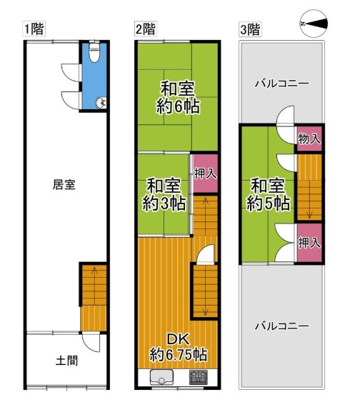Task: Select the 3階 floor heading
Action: pyautogui.click(x=249, y=29)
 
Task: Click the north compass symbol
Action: pyautogui.click(x=314, y=24)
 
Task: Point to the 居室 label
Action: pyautogui.click(x=64, y=184)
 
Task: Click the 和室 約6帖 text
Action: pyautogui.click(x=178, y=99)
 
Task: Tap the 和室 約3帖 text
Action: pyautogui.click(x=164, y=194)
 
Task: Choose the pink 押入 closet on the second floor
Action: pyautogui.click(x=204, y=173)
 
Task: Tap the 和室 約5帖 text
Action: pyautogui.click(x=270, y=194)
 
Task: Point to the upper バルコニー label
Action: pyautogui.click(x=282, y=84)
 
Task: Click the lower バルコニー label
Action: pyautogui.click(x=282, y=326)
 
